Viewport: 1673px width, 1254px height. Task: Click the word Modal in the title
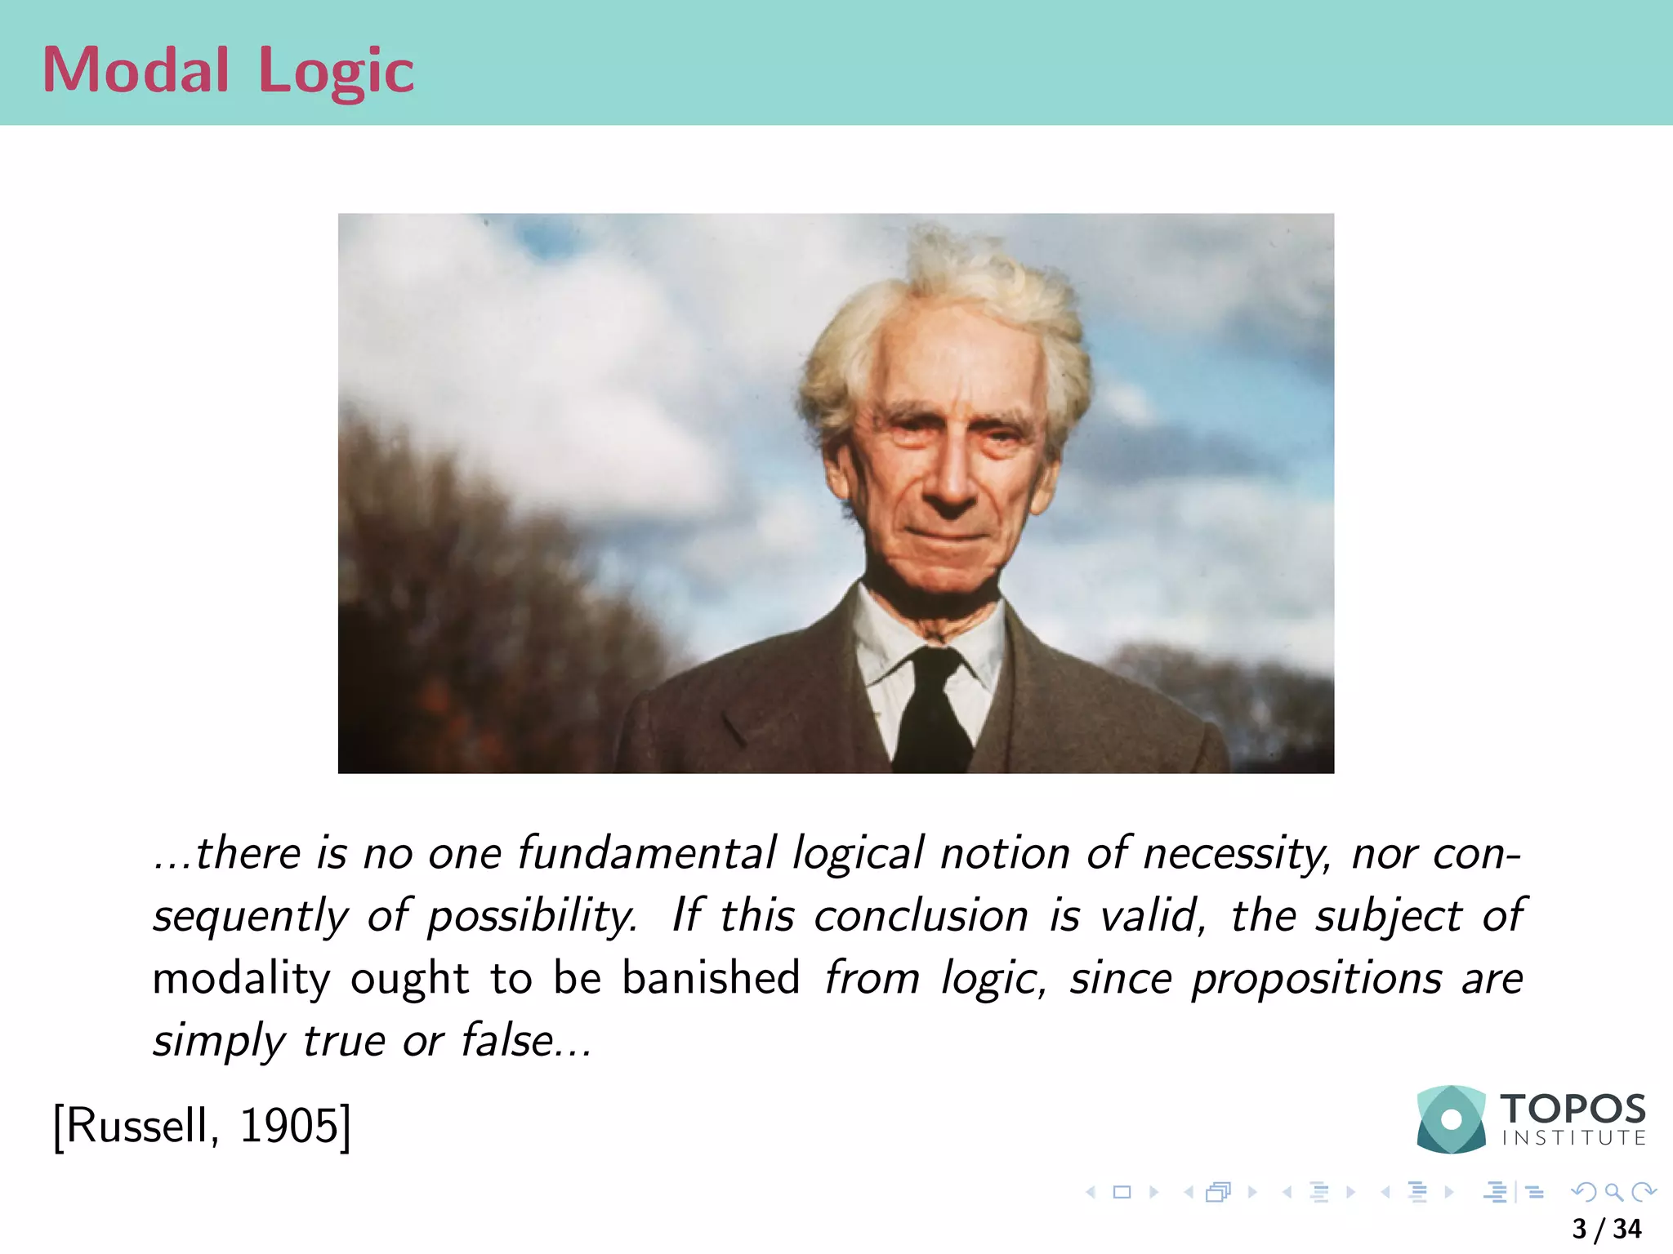[x=136, y=70]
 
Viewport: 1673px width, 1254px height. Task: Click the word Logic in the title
[x=336, y=72]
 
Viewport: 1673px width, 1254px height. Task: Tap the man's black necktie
[x=931, y=710]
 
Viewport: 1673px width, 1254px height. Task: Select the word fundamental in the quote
[x=646, y=853]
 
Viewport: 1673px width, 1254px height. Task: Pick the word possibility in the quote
[x=532, y=917]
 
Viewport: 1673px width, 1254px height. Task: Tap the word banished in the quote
[x=711, y=977]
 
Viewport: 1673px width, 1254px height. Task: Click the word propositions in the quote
[x=1316, y=979]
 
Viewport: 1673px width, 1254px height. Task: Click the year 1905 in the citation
[x=288, y=1126]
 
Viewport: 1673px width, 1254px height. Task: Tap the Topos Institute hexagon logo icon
[x=1451, y=1119]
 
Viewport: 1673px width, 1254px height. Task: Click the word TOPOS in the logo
[x=1573, y=1109]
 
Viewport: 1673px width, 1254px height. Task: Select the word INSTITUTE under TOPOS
[x=1573, y=1138]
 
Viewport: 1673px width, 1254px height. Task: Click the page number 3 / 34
[x=1606, y=1229]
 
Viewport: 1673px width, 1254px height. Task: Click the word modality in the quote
[x=241, y=979]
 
